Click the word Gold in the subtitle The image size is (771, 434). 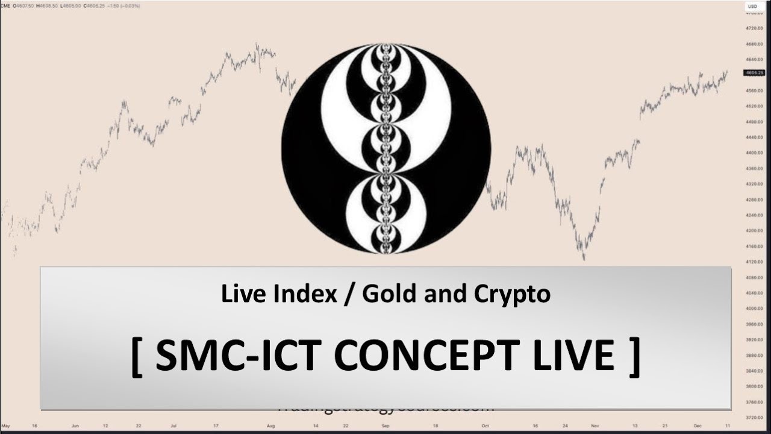click(x=389, y=294)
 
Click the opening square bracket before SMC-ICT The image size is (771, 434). click(x=137, y=356)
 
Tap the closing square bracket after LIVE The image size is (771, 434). click(x=632, y=356)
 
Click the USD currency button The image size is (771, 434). click(x=752, y=7)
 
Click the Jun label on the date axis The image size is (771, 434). click(x=75, y=426)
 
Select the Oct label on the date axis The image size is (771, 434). click(x=484, y=426)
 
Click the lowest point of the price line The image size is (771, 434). click(x=583, y=260)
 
